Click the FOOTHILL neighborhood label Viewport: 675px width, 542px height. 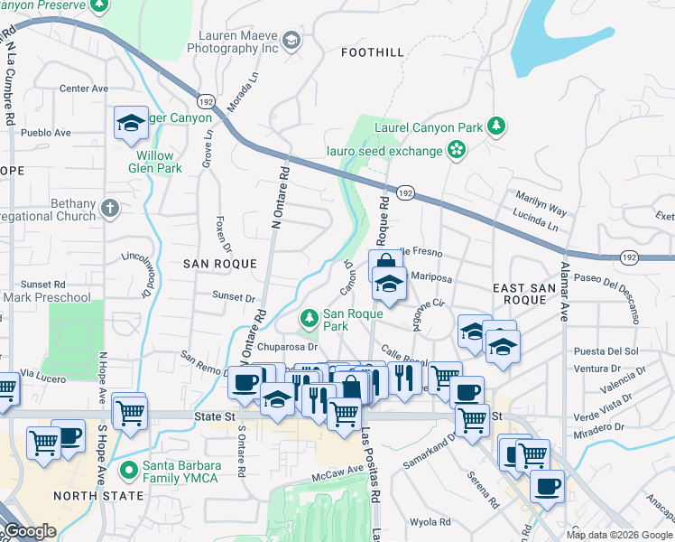(x=372, y=53)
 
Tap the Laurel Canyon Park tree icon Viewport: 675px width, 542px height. (x=495, y=124)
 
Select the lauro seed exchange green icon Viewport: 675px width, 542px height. (x=458, y=148)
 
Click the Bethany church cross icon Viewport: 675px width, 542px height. (x=109, y=209)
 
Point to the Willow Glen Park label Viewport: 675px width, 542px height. (x=159, y=162)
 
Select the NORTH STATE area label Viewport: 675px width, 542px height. (x=97, y=496)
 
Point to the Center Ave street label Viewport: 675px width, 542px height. (x=83, y=89)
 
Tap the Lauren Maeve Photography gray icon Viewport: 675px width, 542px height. (x=291, y=40)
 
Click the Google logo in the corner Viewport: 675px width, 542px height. (x=31, y=532)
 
